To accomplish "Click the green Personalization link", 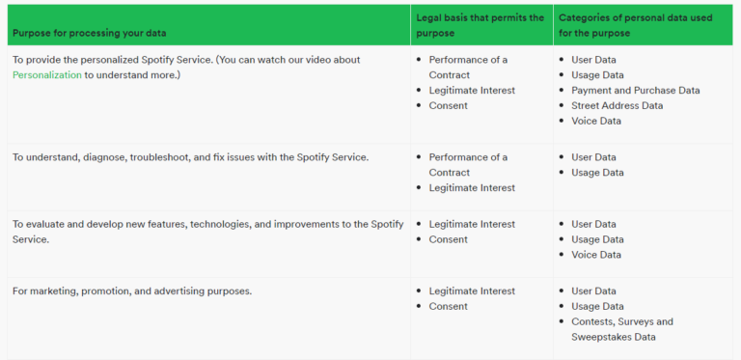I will tap(46, 75).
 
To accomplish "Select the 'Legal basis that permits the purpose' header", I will tap(479, 24).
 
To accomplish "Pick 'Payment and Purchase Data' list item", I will tap(635, 90).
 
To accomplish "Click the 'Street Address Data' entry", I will tap(617, 105).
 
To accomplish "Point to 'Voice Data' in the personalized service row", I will tap(595, 121).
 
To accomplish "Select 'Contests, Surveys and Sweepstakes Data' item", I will tap(621, 329).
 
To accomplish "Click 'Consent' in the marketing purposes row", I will tap(448, 306).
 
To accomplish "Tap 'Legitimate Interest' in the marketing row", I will tap(472, 291).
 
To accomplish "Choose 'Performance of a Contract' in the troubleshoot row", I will tap(468, 164).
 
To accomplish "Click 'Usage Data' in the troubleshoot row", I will tap(597, 173).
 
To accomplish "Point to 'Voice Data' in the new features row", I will tap(595, 255).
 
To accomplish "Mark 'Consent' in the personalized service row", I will tap(448, 105).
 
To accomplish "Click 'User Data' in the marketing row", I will tap(593, 291).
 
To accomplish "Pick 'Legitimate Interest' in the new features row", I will tap(472, 224).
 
